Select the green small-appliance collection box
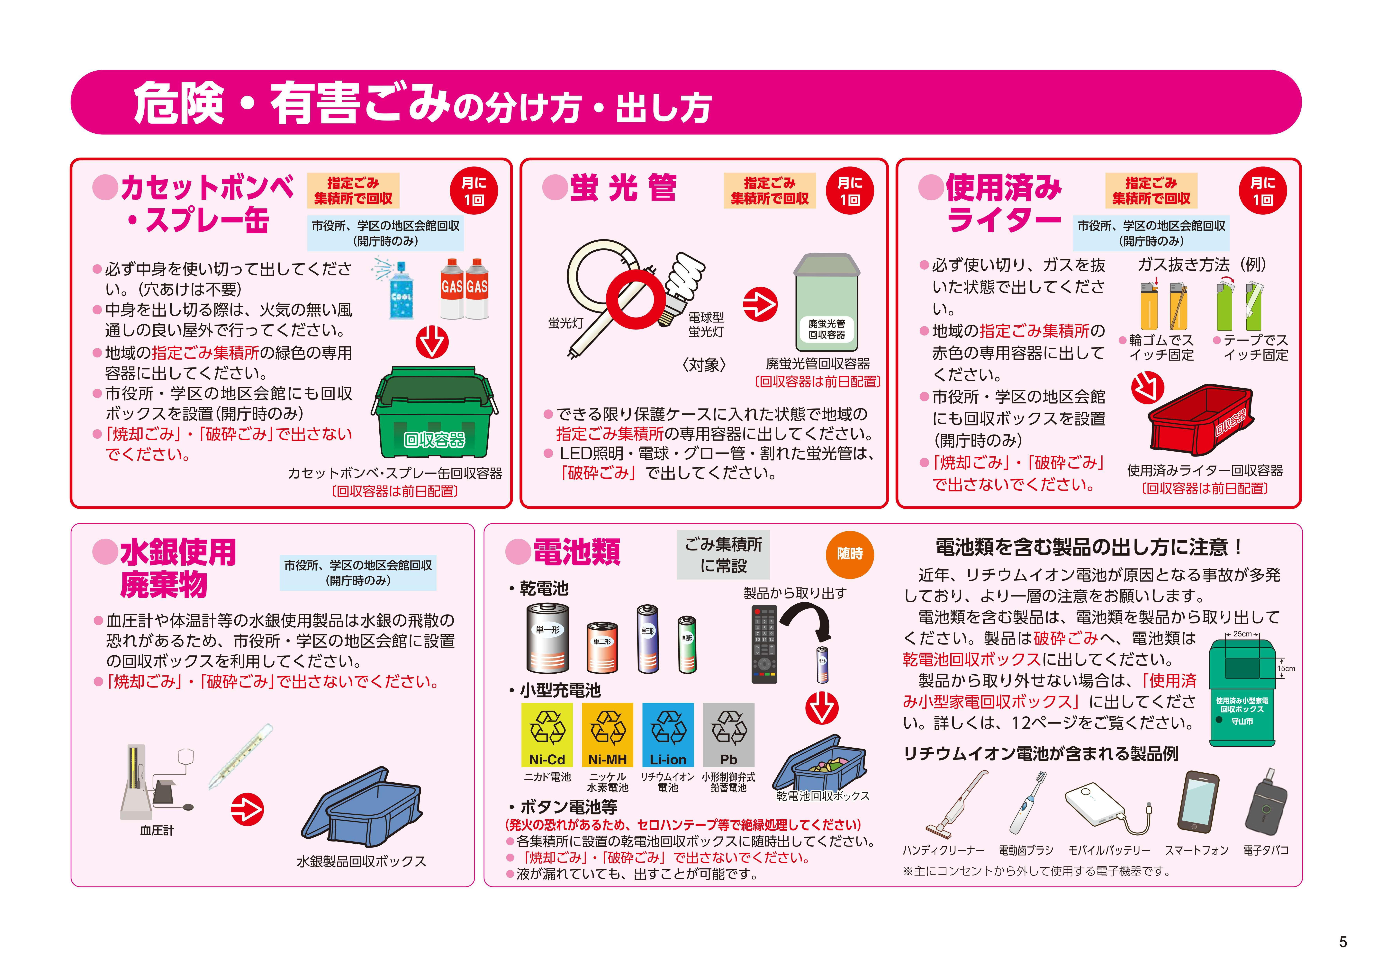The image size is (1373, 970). pyautogui.click(x=1242, y=693)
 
